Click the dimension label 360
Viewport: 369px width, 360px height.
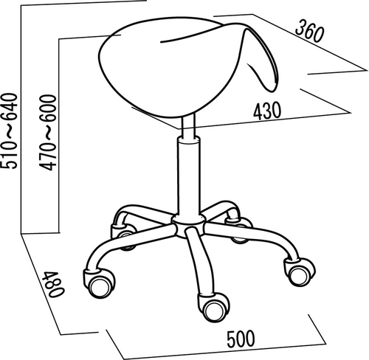(x=309, y=32)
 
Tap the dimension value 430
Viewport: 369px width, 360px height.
(x=267, y=111)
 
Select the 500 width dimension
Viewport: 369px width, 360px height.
(x=241, y=339)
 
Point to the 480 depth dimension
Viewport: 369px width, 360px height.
(x=53, y=284)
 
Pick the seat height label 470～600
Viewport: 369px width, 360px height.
(x=48, y=133)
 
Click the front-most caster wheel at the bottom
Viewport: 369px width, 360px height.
(x=213, y=308)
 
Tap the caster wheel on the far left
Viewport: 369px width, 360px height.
(x=99, y=283)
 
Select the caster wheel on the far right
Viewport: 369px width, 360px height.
(x=300, y=271)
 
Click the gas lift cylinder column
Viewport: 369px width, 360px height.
(x=188, y=177)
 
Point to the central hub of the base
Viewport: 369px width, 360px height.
(x=188, y=224)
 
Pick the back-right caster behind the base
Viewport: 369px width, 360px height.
(x=239, y=231)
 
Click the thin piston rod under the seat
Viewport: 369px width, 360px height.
(x=189, y=126)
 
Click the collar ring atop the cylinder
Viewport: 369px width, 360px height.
(x=189, y=140)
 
